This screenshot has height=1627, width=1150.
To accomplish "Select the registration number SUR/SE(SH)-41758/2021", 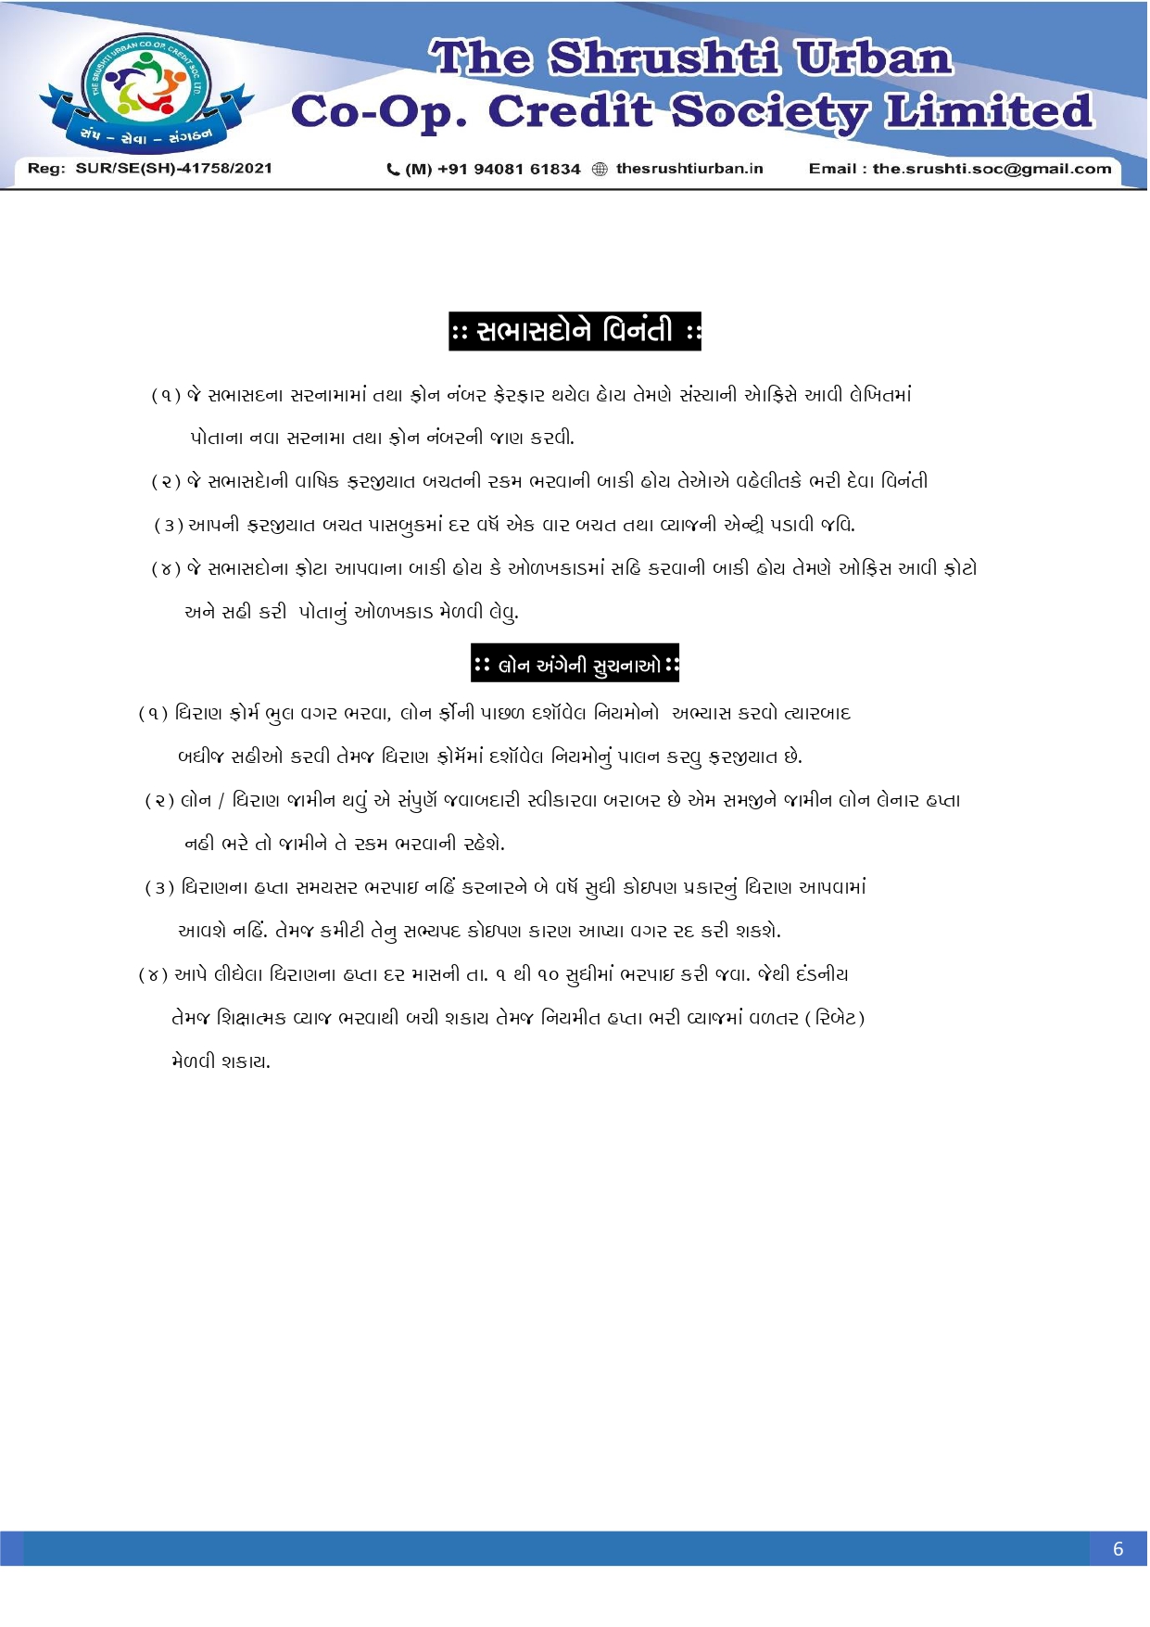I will (174, 169).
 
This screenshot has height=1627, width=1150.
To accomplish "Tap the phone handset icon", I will (393, 169).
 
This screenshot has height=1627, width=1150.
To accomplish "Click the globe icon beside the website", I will (600, 169).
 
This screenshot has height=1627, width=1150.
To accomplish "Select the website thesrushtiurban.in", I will (689, 169).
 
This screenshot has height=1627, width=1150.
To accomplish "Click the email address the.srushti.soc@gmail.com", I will (992, 169).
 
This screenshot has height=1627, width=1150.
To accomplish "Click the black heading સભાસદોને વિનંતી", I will (575, 331).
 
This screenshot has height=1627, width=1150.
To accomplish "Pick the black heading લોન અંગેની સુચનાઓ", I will (575, 663).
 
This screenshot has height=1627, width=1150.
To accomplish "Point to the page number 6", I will (1118, 1549).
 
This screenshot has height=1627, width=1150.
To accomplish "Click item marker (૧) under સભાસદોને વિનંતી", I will (166, 396).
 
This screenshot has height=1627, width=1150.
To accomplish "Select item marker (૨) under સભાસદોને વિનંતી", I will (166, 482).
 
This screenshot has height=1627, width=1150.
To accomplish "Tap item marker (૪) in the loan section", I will (153, 975).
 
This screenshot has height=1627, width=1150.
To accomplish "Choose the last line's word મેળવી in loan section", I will (193, 1061).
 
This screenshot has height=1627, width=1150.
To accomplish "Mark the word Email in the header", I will (832, 169).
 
